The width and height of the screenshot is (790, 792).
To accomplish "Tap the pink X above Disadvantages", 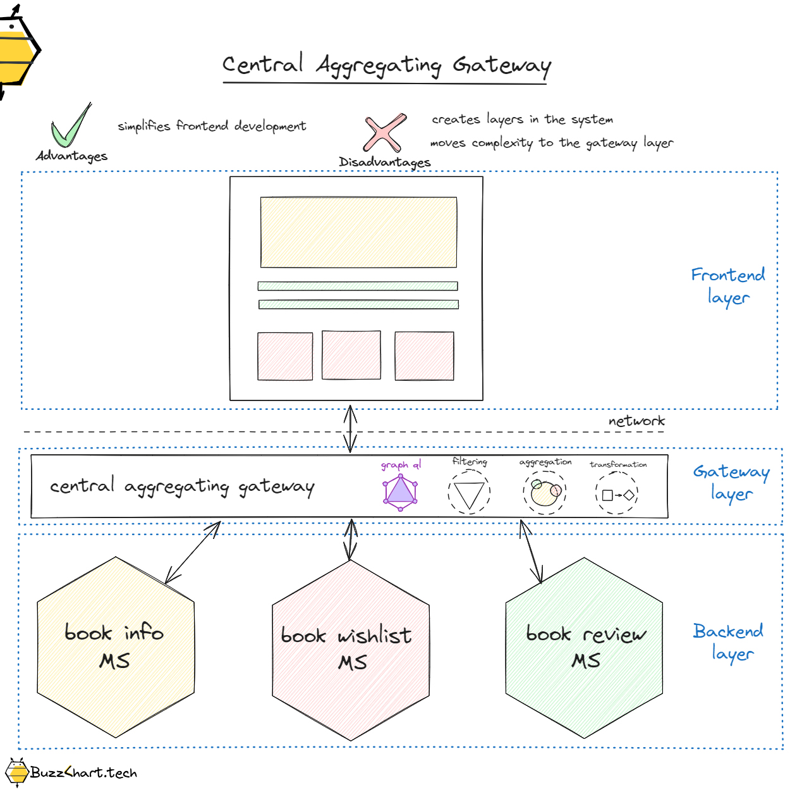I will [x=384, y=133].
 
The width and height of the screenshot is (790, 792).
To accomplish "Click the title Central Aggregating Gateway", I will [x=386, y=66].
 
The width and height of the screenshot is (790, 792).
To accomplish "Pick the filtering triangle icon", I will [x=469, y=493].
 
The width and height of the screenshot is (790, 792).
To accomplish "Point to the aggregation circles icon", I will [x=545, y=492].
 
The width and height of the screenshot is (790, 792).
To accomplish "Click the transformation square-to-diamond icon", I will [x=617, y=495].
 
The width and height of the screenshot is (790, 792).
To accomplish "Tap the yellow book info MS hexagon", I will [x=116, y=647].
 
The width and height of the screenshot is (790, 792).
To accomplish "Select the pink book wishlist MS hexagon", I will [x=351, y=650].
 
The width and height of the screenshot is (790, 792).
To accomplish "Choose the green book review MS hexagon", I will [x=585, y=647].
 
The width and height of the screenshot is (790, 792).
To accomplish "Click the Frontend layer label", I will [x=728, y=286].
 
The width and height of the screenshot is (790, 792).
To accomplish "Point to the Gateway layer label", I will [x=731, y=482].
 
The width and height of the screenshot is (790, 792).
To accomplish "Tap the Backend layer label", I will [x=729, y=641].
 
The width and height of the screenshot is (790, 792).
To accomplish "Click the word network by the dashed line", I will [x=636, y=421].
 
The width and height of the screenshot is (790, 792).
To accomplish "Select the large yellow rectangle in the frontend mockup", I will [x=358, y=232].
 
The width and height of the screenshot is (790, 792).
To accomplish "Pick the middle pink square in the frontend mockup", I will [x=351, y=355].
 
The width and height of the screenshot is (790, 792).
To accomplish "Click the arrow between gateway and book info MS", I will [x=193, y=552].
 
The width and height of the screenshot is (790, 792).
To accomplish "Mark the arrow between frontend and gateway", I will [x=351, y=429].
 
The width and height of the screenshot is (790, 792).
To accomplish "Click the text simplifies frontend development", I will [x=212, y=126].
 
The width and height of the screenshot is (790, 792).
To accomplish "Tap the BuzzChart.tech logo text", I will [x=83, y=773].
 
